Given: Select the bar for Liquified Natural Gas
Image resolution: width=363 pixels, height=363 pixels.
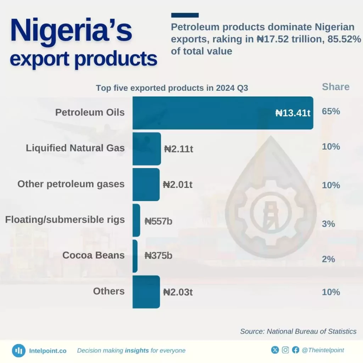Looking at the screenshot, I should (146, 149).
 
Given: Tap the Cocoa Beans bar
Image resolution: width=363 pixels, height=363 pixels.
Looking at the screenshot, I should (135, 256).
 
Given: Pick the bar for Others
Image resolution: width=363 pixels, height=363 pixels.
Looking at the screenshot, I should (146, 292).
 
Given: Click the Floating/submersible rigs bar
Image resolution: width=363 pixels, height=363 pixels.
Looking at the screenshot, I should (136, 220).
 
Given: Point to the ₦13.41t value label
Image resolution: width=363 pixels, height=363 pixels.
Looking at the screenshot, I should (293, 113).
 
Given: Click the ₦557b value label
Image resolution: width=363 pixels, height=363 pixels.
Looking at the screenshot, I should (158, 222).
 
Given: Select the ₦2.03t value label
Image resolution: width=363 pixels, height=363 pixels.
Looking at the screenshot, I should (178, 292).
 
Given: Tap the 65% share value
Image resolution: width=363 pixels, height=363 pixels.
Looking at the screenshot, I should (331, 111).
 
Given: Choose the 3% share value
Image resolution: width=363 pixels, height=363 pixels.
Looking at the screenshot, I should (329, 224).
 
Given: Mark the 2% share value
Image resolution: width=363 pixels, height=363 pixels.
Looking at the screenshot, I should (329, 259).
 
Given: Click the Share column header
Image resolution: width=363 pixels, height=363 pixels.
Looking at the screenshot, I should (335, 87).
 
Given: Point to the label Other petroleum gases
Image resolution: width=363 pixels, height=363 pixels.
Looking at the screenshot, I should (71, 184).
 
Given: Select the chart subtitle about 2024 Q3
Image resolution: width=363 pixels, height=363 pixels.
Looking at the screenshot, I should (172, 88).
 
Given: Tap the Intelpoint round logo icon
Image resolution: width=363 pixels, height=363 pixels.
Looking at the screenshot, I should (18, 351).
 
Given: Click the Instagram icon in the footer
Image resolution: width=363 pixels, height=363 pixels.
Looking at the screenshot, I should (285, 350).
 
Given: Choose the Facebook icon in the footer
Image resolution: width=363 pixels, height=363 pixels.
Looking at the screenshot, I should (296, 350).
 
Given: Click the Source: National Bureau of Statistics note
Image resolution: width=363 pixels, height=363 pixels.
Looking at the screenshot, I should (298, 331).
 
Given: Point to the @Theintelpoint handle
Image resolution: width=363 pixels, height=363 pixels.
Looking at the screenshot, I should (323, 350).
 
